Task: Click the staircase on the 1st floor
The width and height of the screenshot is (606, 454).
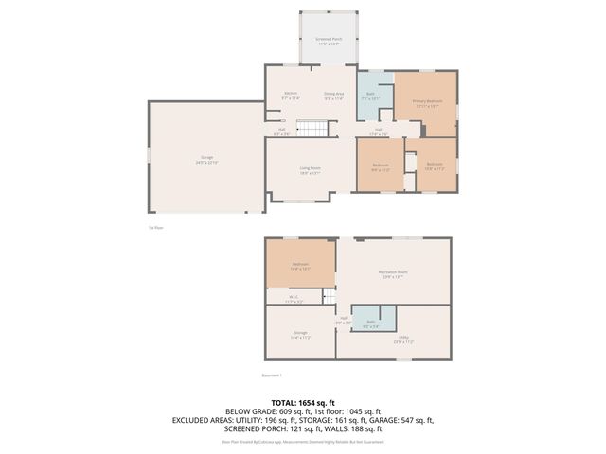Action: pyautogui.click(x=312, y=129)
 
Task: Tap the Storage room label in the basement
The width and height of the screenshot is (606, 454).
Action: pyautogui.click(x=300, y=334)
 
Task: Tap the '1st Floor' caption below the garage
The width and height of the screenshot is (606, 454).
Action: pyautogui.click(x=157, y=227)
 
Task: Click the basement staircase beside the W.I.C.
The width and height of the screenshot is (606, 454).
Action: pyautogui.click(x=329, y=299)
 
